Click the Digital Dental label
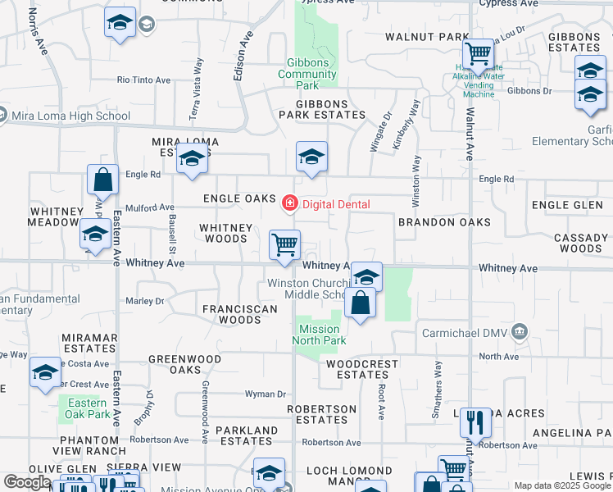[x=335, y=204]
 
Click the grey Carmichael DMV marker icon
[x=518, y=332]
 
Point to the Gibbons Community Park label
[x=308, y=74]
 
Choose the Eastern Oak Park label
[x=87, y=408]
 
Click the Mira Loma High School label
[x=71, y=116]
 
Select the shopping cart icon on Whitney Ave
[x=284, y=244]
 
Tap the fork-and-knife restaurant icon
[x=475, y=423]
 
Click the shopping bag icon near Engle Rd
[x=103, y=180]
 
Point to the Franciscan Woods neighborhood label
[x=232, y=314]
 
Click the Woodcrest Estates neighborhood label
[x=362, y=369]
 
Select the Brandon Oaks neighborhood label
[x=444, y=222]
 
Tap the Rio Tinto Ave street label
[x=143, y=80]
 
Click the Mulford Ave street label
[x=150, y=207]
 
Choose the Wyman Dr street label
[x=265, y=394]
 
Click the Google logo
[x=30, y=483]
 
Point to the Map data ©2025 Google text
[x=561, y=485]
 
